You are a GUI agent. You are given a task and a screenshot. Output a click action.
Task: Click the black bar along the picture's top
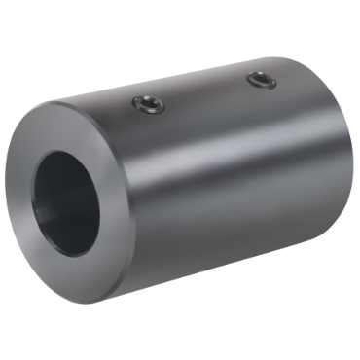180,23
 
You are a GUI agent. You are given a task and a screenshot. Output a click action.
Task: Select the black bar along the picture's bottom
180,336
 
